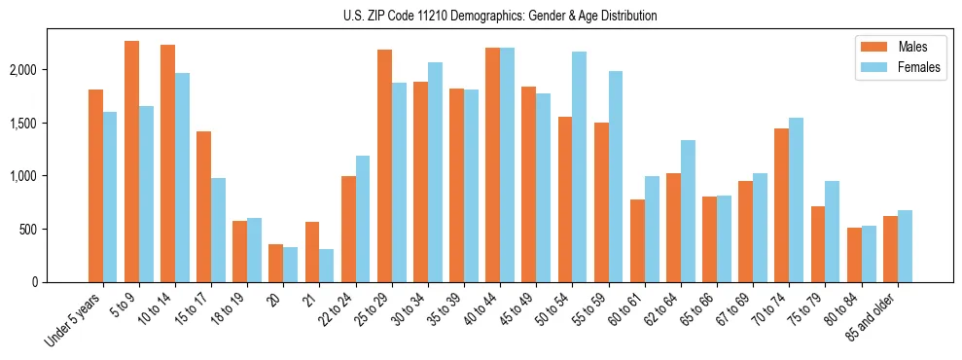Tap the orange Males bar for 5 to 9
pos(131,162)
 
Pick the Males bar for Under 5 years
pos(95,186)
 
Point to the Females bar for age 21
pos(327,266)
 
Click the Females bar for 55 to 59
pos(616,176)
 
